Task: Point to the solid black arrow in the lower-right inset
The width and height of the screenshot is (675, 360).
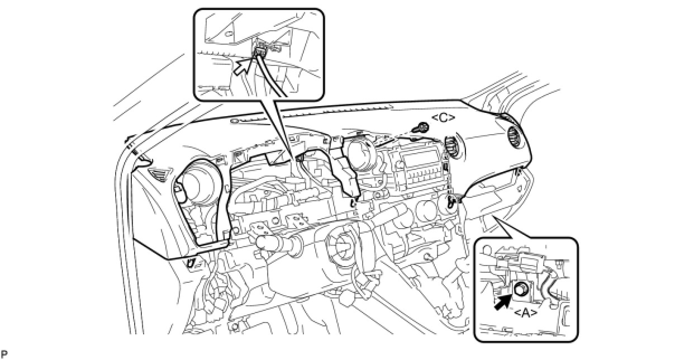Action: click(503, 300)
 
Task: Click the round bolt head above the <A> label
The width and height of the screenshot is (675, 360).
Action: click(521, 290)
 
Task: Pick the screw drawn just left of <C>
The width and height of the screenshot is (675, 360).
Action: click(418, 129)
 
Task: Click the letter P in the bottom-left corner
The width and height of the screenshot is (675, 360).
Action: click(4, 354)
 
